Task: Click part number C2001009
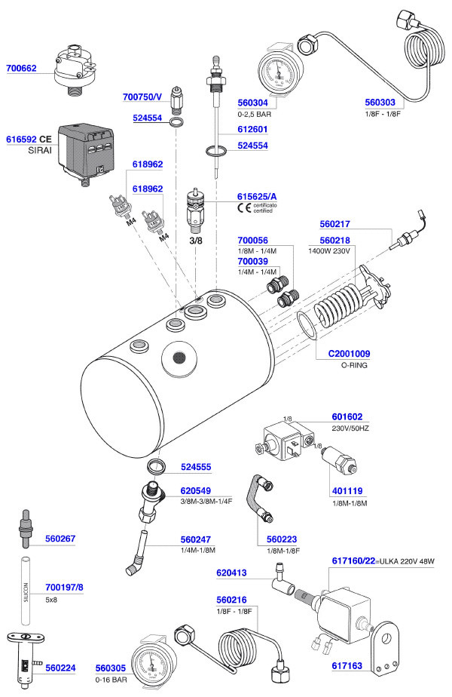pos(349,353)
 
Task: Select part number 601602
pos(347,416)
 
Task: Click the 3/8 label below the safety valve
pos(196,241)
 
